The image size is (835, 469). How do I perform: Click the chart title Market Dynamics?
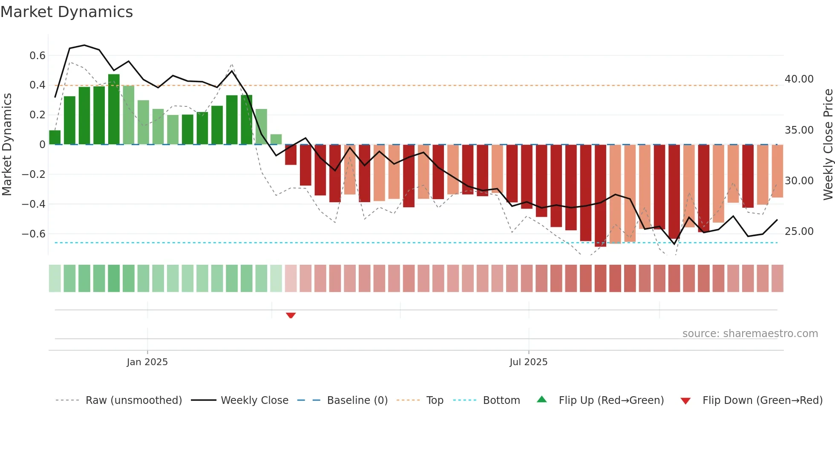coord(66,12)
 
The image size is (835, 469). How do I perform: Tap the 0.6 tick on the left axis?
coord(37,56)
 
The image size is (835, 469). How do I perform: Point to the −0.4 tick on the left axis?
coord(34,204)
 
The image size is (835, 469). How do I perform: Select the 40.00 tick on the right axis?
coord(799,79)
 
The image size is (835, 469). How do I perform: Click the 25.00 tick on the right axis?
coord(799,232)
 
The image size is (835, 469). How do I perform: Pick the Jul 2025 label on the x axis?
coord(528,362)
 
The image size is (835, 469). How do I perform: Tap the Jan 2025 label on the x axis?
coord(147,362)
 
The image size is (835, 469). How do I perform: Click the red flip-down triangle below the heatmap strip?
coord(291,315)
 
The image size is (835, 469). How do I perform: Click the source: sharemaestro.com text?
coord(750,334)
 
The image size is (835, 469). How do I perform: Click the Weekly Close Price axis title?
coord(828,145)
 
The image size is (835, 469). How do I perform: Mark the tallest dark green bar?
coord(114,109)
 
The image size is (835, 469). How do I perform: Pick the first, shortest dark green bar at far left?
coord(55,137)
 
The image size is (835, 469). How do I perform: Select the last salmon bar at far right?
coord(777,171)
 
